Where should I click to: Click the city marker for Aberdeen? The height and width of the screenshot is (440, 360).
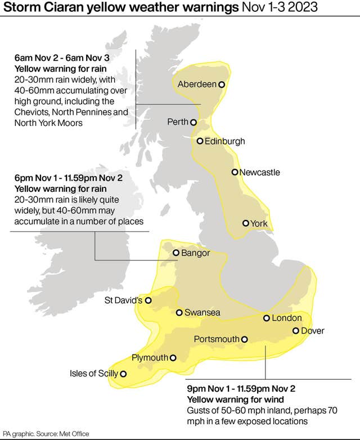[x=222, y=84]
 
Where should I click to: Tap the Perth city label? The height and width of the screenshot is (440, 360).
[x=178, y=122]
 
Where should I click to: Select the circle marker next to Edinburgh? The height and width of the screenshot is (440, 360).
[x=200, y=141]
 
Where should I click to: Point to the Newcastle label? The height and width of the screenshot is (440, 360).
[x=259, y=172]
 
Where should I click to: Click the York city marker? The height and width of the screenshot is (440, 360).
[x=245, y=223]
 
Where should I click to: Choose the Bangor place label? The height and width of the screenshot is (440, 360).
[x=195, y=253]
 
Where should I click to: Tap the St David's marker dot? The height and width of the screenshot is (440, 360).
[x=148, y=300]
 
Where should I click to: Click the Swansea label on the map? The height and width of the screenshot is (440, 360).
[x=202, y=313]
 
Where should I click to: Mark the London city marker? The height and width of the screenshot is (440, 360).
[x=267, y=318]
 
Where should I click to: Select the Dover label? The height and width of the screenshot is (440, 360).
[x=313, y=331]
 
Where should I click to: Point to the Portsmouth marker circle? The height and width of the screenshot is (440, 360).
[x=245, y=339]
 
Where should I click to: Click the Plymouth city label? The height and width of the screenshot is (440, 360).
[x=150, y=358]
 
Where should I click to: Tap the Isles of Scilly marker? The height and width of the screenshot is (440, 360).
[x=123, y=374]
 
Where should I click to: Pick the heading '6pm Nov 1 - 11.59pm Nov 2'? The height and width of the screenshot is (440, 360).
[x=68, y=178]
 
